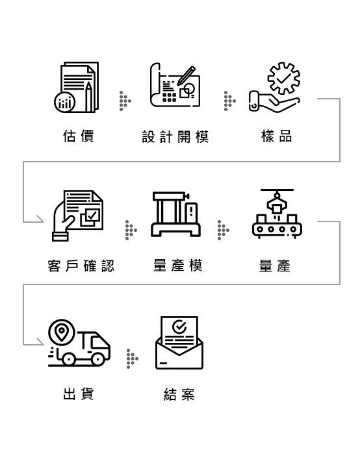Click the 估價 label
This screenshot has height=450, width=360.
[79, 136]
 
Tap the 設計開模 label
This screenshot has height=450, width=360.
[175, 136]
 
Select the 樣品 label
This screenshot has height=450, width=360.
[276, 136]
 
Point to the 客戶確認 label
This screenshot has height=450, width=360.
[81, 266]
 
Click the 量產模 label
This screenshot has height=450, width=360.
[178, 265]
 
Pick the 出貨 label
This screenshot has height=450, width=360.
[79, 394]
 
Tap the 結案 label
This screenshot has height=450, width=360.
[179, 394]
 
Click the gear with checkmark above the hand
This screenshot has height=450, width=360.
[284, 78]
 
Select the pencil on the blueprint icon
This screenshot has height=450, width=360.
[186, 75]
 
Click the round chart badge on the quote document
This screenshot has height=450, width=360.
[65, 102]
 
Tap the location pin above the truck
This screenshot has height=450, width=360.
[62, 332]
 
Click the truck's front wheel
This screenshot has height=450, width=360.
[97, 359]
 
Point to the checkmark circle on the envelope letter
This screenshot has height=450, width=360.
[179, 327]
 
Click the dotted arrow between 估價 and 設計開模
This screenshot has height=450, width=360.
[125, 101]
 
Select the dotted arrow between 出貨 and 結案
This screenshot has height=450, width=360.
[133, 358]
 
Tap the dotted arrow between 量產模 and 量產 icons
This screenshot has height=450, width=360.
[224, 230]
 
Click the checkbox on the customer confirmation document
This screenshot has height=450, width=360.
[92, 215]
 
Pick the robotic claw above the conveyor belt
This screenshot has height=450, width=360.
[277, 203]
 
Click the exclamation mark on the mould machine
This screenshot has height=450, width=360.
[191, 211]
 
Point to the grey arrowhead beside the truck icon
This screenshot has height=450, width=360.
[40, 342]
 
